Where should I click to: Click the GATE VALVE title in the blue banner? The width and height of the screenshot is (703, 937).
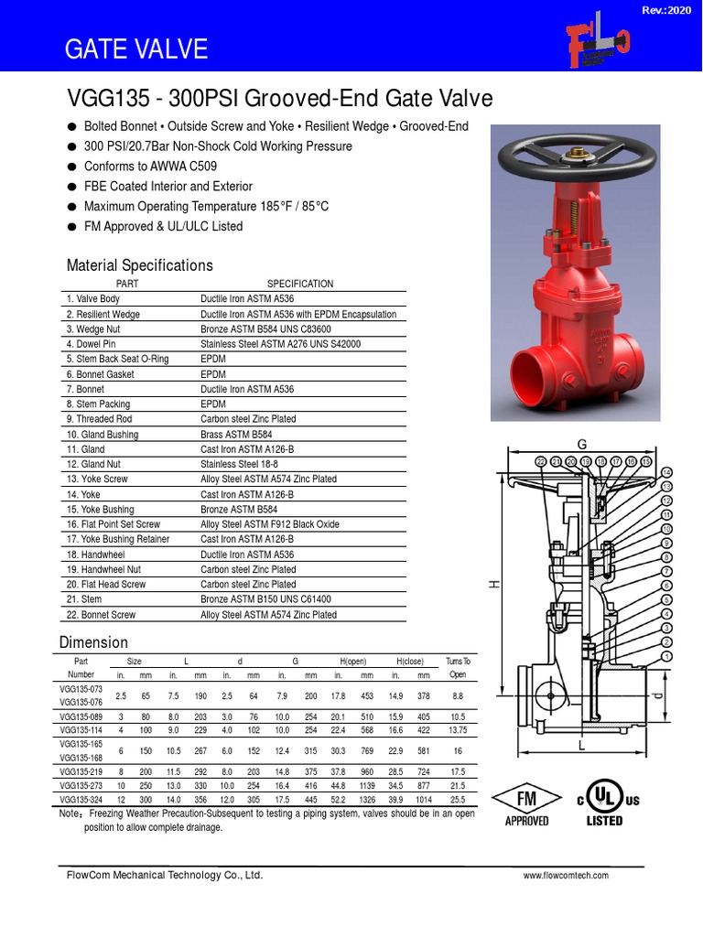pyautogui.click(x=135, y=49)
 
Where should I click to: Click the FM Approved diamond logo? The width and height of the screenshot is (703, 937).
pyautogui.click(x=526, y=800)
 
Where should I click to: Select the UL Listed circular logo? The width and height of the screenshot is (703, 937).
pyautogui.click(x=602, y=799)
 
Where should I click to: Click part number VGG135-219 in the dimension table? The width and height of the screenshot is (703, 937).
pyautogui.click(x=81, y=771)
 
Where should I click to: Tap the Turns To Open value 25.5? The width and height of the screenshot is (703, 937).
pyautogui.click(x=458, y=799)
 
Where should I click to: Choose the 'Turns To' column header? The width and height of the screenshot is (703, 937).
pyautogui.click(x=458, y=661)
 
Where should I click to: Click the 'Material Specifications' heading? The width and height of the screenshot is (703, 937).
pyautogui.click(x=139, y=265)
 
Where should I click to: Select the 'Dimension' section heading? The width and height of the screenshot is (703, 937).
pyautogui.click(x=93, y=641)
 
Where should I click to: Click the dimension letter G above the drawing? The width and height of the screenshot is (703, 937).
pyautogui.click(x=579, y=444)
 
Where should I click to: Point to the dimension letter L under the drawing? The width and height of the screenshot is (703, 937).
pyautogui.click(x=580, y=747)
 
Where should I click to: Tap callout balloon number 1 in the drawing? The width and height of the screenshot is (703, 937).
pyautogui.click(x=667, y=656)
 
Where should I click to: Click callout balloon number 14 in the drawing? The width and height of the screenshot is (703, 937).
pyautogui.click(x=667, y=471)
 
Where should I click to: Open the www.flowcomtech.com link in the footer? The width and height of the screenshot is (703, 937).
pyautogui.click(x=566, y=876)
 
